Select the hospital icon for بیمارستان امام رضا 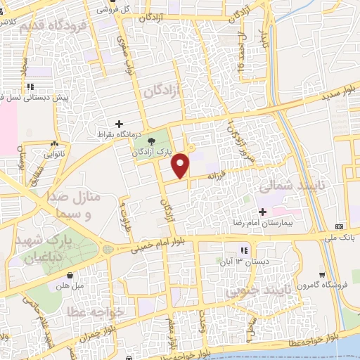coord(262,211)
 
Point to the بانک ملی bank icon coord(339,226)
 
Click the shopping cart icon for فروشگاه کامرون coord(321,274)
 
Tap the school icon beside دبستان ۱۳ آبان coord(244,250)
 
